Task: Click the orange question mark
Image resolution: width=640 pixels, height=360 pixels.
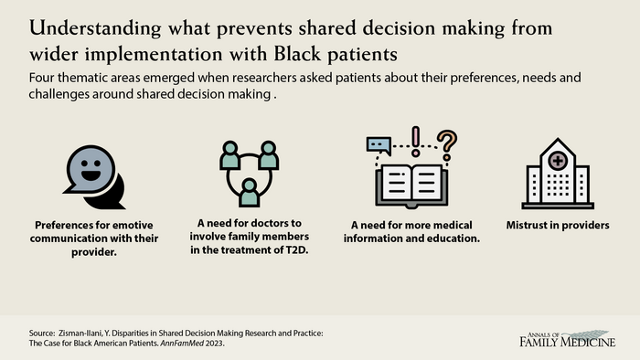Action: pos(446,143)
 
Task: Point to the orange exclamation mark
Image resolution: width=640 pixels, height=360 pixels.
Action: pos(417,139)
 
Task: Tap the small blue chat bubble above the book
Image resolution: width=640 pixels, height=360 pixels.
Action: pos(379,144)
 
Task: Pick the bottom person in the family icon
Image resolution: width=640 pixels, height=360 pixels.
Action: pos(247,192)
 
